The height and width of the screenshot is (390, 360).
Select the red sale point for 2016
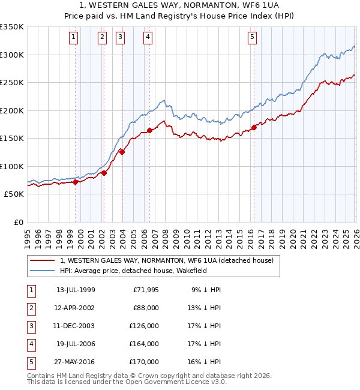[x=254, y=127]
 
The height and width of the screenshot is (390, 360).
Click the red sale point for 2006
[x=149, y=130]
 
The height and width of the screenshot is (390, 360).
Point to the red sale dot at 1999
[x=75, y=182]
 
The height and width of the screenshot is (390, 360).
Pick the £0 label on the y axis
[x=18, y=223]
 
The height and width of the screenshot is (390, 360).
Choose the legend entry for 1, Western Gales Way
[x=166, y=260]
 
